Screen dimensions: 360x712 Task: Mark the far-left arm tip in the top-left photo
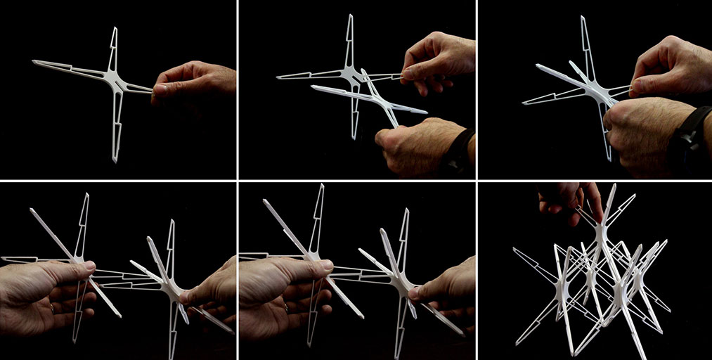tap(34, 63)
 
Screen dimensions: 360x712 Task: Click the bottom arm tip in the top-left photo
tap(114, 160)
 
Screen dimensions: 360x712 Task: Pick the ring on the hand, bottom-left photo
tap(53, 307)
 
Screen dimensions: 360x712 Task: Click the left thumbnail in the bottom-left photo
tap(88, 265)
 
